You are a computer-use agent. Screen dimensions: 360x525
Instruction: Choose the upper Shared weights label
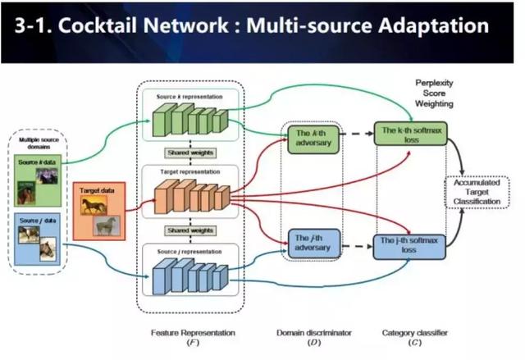click(190, 153)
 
